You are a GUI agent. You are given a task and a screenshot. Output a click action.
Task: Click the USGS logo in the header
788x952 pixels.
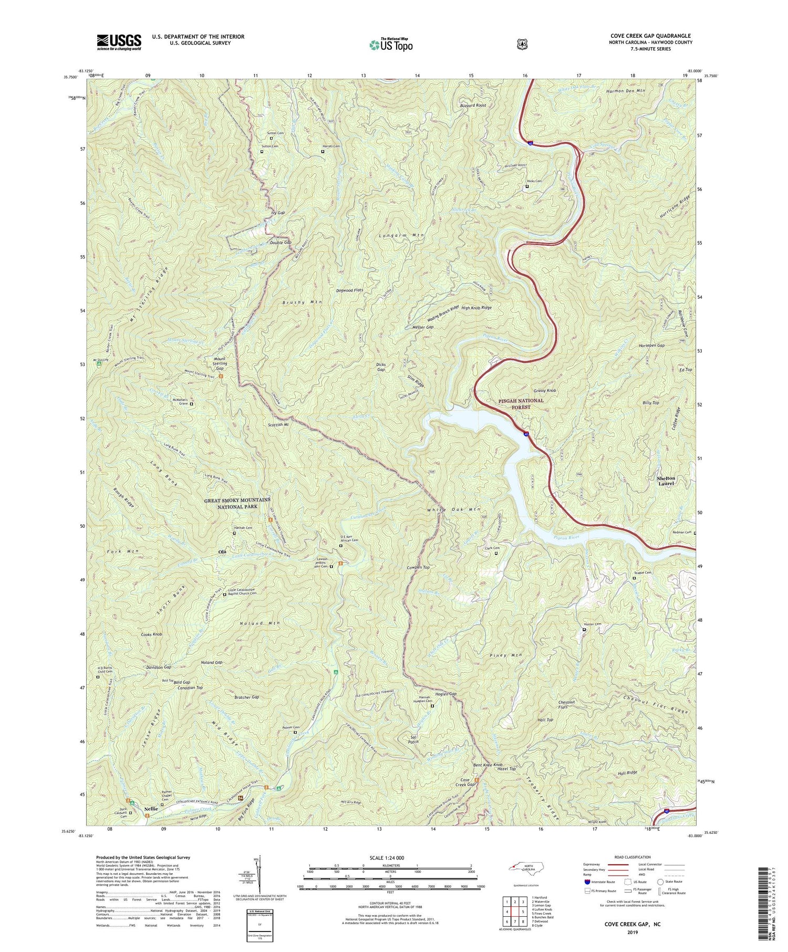point(119,42)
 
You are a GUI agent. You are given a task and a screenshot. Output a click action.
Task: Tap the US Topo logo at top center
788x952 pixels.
point(391,45)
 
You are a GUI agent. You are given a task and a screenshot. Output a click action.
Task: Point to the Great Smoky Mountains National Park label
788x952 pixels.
point(238,503)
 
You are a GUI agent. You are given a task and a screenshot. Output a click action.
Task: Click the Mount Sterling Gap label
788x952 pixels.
point(220,363)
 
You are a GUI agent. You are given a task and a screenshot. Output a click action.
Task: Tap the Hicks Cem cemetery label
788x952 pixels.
point(534,182)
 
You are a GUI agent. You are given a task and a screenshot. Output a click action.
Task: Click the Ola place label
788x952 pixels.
point(222,552)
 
